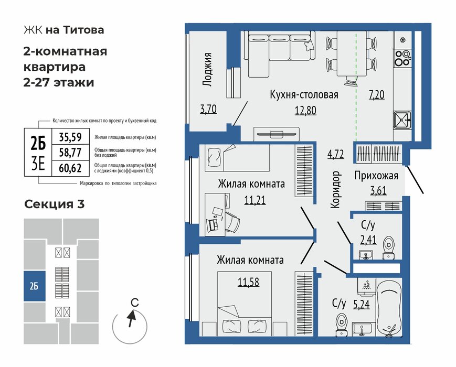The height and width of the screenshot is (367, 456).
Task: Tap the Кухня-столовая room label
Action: [304, 95]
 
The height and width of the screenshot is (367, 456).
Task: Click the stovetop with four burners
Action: [403, 57]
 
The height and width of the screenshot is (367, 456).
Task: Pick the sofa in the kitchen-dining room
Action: [279, 53]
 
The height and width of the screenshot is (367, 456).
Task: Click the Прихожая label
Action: [376, 176]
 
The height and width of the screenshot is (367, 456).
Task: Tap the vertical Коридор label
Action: [336, 190]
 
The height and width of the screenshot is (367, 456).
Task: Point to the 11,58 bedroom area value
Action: [248, 283]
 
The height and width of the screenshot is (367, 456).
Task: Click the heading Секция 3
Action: [55, 204]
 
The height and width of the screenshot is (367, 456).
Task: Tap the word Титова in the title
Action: [83, 30]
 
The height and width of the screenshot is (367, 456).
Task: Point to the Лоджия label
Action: [208, 69]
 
